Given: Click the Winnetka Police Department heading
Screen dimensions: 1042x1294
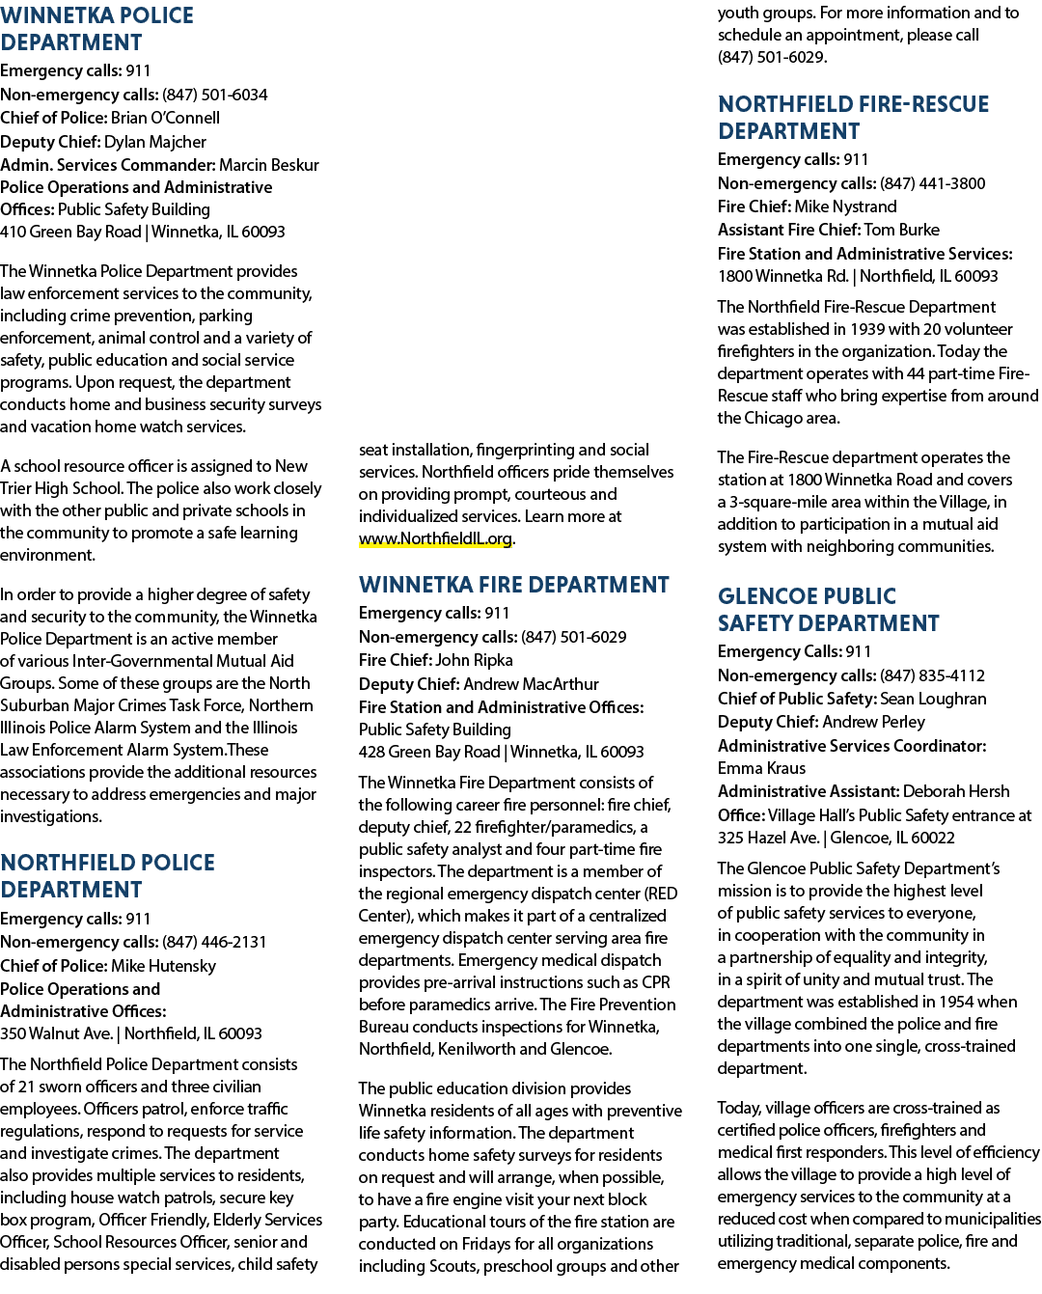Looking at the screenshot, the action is point(96,29).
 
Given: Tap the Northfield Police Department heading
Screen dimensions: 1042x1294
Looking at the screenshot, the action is point(107,875).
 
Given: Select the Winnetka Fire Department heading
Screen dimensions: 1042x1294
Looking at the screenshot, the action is point(513,585).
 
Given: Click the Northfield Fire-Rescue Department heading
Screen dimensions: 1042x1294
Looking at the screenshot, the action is point(853,118).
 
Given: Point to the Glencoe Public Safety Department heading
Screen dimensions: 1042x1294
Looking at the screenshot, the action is point(828,609).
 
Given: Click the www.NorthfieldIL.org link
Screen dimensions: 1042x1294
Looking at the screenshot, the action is point(435,538).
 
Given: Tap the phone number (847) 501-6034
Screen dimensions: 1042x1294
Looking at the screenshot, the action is point(214,95).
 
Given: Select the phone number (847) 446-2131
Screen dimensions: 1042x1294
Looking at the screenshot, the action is point(214,942).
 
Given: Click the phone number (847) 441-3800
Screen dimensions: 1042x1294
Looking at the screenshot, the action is point(933,183).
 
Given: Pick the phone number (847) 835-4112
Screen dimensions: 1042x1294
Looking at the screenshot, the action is point(932,675).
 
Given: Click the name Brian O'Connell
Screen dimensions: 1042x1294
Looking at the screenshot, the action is point(165,118).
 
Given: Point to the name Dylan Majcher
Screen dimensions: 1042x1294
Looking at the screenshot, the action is point(155,142).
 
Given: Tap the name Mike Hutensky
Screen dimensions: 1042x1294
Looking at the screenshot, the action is point(164,966).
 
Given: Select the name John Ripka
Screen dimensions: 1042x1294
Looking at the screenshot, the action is point(474,660).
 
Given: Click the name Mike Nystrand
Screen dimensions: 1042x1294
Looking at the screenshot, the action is point(845,206).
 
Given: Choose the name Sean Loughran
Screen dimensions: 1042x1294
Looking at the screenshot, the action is point(933,699).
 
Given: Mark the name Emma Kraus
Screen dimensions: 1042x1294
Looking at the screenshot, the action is point(761,768).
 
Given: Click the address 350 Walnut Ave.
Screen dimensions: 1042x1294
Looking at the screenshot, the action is point(57,1033).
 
